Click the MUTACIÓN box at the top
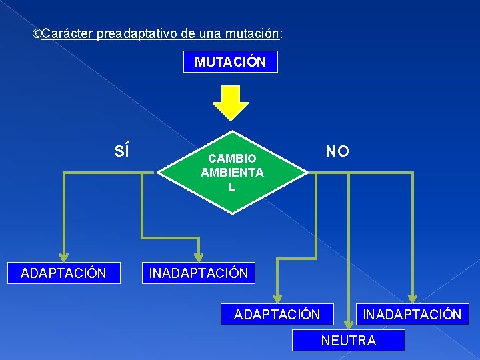(231, 62)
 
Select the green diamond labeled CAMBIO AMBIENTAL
(232, 172)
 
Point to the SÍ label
(122, 151)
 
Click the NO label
(337, 151)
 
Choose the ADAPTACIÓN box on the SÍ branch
(63, 273)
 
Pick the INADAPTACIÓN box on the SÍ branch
(199, 273)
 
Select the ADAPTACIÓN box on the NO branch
(277, 314)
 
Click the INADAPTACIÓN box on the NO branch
(411, 314)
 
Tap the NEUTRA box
(349, 341)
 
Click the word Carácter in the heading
(67, 33)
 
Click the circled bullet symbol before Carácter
(37, 33)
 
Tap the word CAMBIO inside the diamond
(232, 159)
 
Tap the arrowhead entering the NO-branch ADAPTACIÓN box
(277, 298)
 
